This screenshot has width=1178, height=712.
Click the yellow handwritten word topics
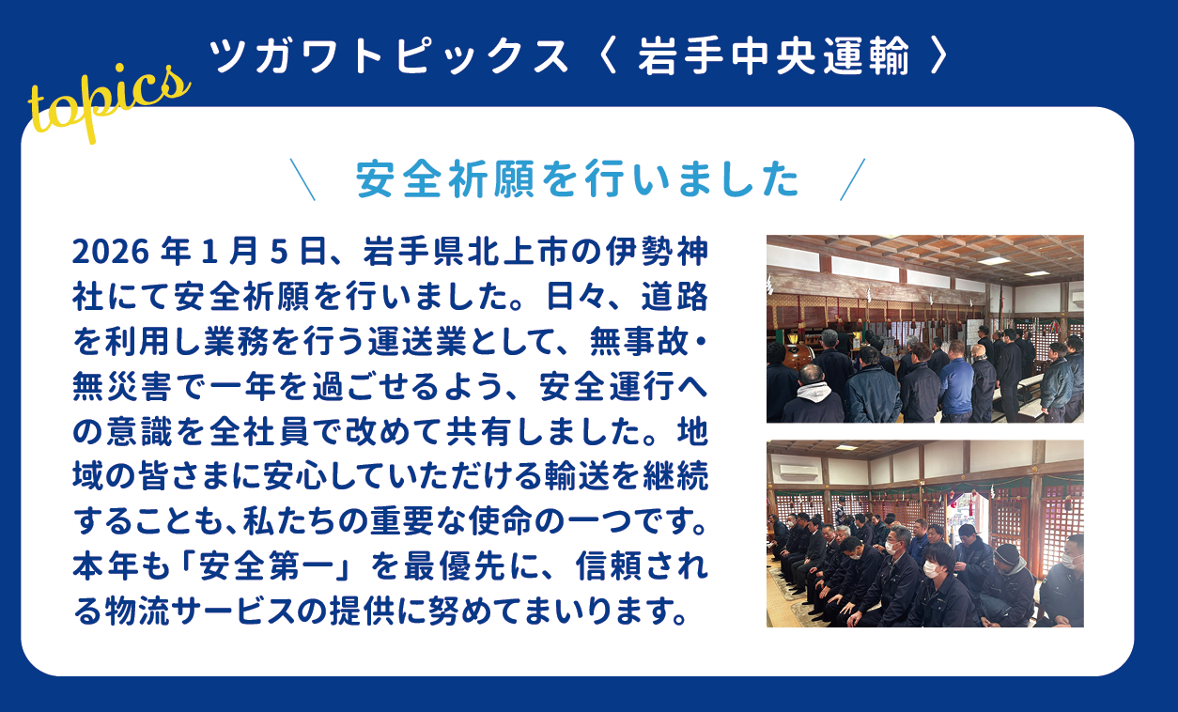[109, 102]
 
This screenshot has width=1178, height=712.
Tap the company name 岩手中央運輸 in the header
[773, 55]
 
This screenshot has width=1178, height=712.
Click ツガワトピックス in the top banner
[389, 55]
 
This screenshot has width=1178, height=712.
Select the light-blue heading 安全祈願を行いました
[578, 178]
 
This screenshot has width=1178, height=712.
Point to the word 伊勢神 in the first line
[657, 252]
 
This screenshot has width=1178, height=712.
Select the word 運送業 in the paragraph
[417, 341]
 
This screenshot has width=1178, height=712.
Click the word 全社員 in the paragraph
[259, 431]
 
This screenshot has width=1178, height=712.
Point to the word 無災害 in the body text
[122, 386]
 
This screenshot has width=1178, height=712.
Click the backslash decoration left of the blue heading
[302, 179]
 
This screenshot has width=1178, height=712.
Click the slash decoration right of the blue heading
[852, 179]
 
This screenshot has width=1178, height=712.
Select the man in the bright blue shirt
[955, 381]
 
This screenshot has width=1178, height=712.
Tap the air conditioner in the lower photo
[798, 472]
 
